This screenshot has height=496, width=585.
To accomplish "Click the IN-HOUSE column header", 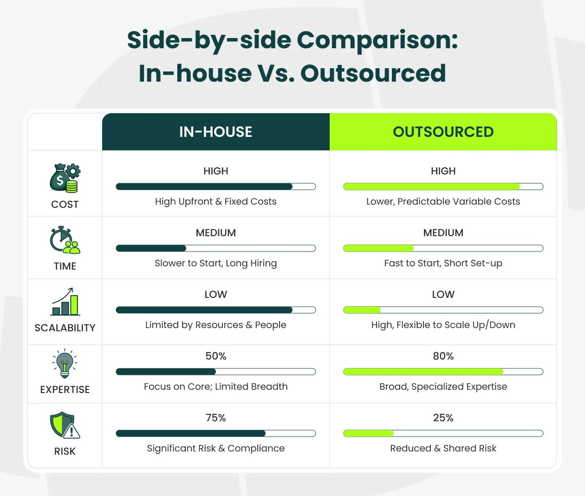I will click(216, 132).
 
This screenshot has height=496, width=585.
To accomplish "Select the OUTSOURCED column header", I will click(443, 132).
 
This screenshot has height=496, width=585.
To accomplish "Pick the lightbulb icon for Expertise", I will click(65, 363).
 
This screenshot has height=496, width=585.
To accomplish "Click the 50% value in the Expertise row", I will click(216, 356).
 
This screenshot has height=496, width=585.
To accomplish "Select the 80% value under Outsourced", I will click(443, 356).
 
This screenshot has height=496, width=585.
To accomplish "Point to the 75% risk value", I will click(216, 418).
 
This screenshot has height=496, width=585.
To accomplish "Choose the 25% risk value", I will click(443, 418).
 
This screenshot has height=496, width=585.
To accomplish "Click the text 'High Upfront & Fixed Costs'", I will click(216, 201).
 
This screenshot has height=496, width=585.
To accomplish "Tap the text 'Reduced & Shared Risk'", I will click(443, 448).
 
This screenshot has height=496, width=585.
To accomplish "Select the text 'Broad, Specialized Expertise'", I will click(443, 386).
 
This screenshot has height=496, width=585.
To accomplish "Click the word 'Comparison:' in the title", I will click(377, 40).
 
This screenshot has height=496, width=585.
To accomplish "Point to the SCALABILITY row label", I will click(65, 328).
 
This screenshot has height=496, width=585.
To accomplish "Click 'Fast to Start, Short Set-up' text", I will click(443, 263).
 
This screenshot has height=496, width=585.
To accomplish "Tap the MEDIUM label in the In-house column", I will click(216, 232).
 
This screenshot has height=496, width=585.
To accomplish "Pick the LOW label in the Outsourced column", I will click(443, 294).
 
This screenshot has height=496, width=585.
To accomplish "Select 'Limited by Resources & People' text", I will click(216, 325).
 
